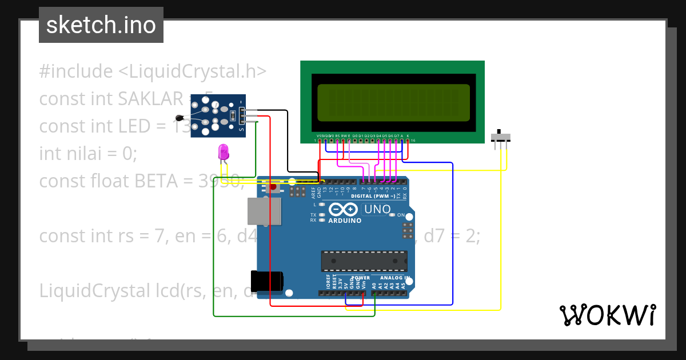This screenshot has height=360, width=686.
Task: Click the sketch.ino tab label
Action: [101, 25]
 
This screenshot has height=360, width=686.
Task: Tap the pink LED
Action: [224, 152]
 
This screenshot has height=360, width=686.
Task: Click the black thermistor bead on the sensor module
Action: [180, 118]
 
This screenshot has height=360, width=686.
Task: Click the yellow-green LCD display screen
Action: [393, 103]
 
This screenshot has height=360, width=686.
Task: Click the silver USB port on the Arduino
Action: [264, 211]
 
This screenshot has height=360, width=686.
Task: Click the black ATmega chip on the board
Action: [364, 260]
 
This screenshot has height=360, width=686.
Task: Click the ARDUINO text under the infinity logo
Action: [345, 221]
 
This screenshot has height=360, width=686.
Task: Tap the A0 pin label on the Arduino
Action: [374, 284]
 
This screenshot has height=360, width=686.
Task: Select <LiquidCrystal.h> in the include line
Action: [192, 71]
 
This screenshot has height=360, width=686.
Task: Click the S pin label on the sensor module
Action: [241, 130]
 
